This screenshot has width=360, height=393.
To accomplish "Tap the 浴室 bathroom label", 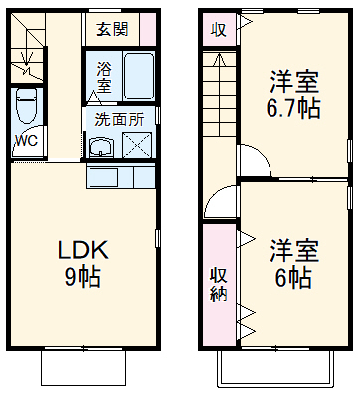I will [104, 77].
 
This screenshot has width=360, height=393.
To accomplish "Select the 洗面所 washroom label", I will [117, 118].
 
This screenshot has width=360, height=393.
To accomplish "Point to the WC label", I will [26, 140].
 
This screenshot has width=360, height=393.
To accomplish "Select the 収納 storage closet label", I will [218, 285].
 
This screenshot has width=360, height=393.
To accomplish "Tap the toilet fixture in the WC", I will [27, 105].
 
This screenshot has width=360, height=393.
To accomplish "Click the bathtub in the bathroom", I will [137, 76].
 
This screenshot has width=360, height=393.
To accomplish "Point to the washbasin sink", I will [100, 148].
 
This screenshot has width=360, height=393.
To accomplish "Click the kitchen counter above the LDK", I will [121, 178].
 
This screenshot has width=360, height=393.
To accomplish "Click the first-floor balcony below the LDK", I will [84, 369].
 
